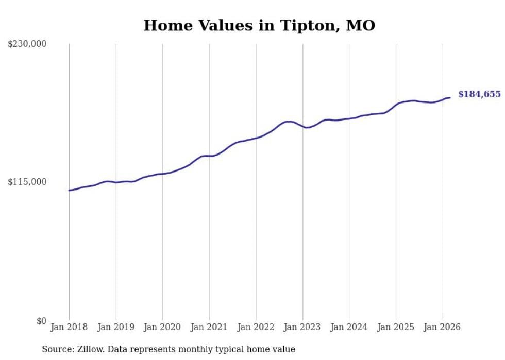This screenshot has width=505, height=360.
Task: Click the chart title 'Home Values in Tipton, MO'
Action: pos(259,25)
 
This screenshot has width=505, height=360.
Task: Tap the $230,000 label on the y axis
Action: pos(27,44)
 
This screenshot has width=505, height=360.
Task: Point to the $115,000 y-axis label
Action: pos(27,182)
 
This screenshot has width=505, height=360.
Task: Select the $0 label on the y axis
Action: pos(41,321)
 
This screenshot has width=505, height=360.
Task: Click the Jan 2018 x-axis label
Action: pos(69,327)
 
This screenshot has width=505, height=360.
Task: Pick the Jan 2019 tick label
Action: pos(116,327)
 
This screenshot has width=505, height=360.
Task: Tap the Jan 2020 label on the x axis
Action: pos(162,327)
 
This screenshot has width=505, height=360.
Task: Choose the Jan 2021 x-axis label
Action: pos(209,327)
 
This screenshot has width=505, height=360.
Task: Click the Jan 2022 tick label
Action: pos(256,327)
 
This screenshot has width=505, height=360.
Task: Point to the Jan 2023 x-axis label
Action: pos(302,327)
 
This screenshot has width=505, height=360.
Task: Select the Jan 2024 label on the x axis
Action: pos(349,327)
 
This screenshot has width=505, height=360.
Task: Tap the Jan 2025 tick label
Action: pos(396,327)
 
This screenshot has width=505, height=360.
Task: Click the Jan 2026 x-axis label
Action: pos(442,327)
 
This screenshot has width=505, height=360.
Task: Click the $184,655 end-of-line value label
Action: pos(479,94)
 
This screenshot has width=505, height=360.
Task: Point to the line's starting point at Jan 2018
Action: pos(69,191)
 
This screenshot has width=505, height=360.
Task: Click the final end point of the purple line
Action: pos(450,98)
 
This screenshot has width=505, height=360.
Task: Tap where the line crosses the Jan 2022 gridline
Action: pos(256,138)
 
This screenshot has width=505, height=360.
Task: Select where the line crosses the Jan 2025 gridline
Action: pos(396,105)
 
